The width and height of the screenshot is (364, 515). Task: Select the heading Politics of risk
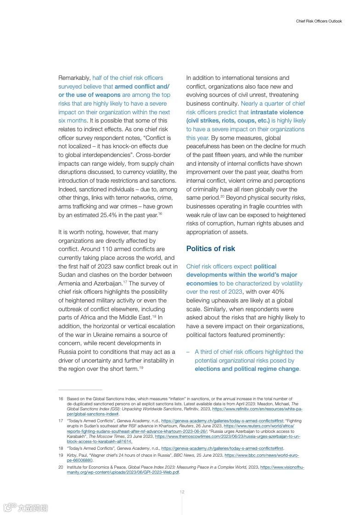coord(210,249)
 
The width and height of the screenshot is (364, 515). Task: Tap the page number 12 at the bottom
coord(182,492)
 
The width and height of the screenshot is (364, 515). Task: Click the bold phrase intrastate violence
coord(277,112)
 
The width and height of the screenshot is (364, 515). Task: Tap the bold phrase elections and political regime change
coord(247,369)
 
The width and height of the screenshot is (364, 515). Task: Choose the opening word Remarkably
coord(74,78)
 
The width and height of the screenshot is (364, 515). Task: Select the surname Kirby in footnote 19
coord(73,455)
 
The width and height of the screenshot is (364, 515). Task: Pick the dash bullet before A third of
coord(188,352)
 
